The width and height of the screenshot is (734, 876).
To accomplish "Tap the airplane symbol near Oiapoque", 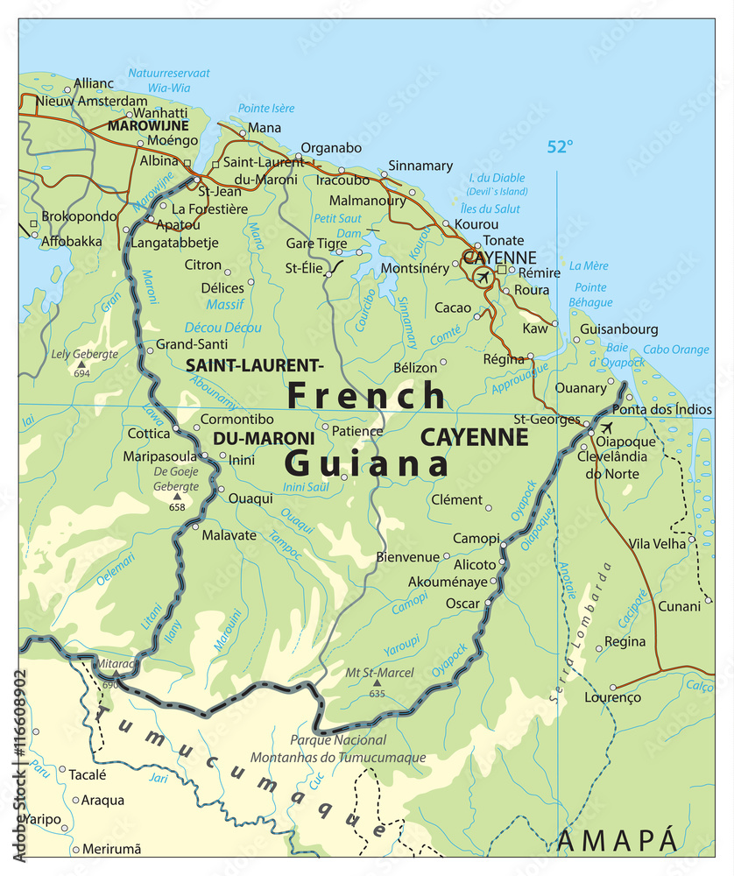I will (x=606, y=427).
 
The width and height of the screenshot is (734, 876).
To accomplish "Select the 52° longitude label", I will (x=560, y=146).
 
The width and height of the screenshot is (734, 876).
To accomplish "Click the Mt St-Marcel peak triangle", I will (x=378, y=682).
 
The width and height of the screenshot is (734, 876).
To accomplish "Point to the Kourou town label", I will (x=477, y=224).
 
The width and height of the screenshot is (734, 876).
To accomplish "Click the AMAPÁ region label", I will (x=618, y=840).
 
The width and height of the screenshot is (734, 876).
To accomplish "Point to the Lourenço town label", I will (x=613, y=698).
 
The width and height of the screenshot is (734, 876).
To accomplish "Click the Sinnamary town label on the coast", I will (x=420, y=166).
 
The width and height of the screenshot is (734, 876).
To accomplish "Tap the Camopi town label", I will (x=476, y=538).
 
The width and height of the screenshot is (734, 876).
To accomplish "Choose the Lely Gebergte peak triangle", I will (x=81, y=364).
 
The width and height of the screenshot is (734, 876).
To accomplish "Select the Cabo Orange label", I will (x=676, y=350).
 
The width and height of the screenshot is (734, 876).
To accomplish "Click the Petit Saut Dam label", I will (x=337, y=225).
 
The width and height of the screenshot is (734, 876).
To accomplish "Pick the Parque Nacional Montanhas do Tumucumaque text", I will (x=338, y=749).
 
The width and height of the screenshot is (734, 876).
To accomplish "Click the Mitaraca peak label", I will (x=116, y=664).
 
